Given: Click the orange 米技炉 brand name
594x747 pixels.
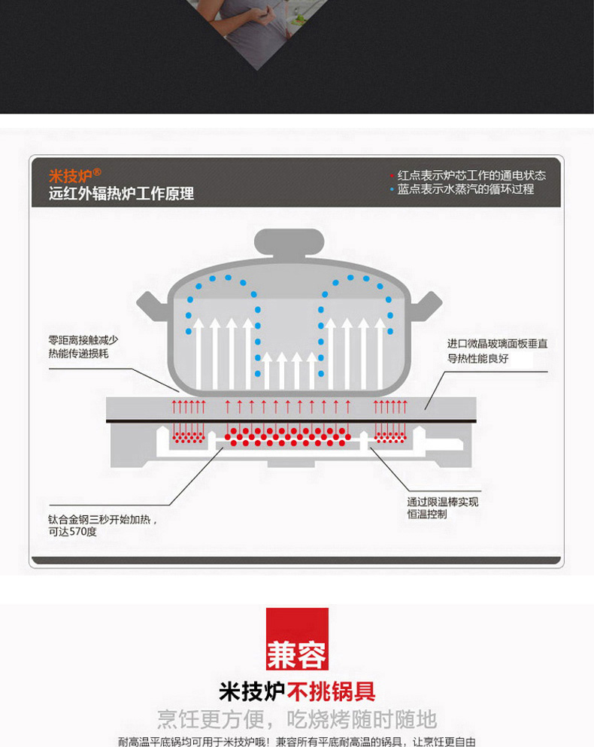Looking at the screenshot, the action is (70, 176).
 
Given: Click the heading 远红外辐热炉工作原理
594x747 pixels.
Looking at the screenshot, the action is (121, 193).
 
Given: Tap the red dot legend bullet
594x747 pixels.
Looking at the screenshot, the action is (392, 176).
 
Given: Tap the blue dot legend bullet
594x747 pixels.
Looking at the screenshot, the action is (392, 189).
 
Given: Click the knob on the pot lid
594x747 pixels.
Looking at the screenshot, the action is (289, 243).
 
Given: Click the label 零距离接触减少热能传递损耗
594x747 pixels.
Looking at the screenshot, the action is (83, 347).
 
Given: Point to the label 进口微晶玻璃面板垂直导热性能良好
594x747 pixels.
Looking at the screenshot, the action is (497, 351).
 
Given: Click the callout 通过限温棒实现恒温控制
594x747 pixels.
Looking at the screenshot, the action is (443, 508).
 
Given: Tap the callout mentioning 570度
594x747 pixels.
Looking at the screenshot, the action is (102, 526).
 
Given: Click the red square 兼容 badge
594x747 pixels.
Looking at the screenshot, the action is (297, 639).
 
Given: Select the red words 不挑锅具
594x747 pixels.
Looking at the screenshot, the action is (331, 692).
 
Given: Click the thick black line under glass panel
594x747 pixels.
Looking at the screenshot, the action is (291, 421).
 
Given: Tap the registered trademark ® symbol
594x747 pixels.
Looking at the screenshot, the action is (97, 172).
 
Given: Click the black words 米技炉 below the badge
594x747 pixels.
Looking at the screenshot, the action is (252, 692).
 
